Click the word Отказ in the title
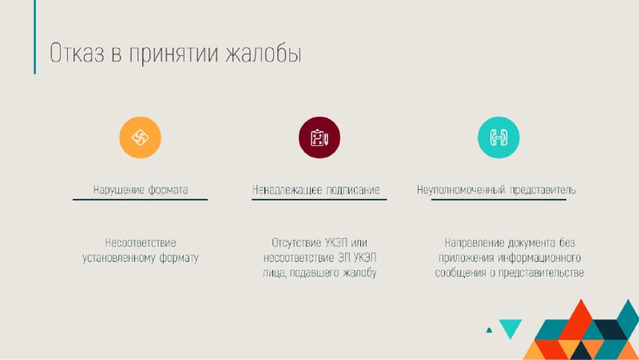click(77, 53)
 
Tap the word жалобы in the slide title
click(264, 53)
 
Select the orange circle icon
click(141, 137)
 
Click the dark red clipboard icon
click(319, 137)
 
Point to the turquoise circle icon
click(498, 137)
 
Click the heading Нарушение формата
click(141, 190)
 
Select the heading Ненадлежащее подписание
click(316, 190)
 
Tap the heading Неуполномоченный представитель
click(496, 190)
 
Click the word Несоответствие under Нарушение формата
click(141, 243)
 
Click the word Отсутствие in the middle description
click(296, 243)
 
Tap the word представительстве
click(541, 273)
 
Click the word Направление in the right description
click(474, 243)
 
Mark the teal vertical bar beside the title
click(34, 37)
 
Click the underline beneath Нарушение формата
click(141, 200)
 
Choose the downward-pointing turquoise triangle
click(510, 327)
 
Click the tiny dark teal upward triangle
click(489, 330)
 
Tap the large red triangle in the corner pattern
click(581, 322)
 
